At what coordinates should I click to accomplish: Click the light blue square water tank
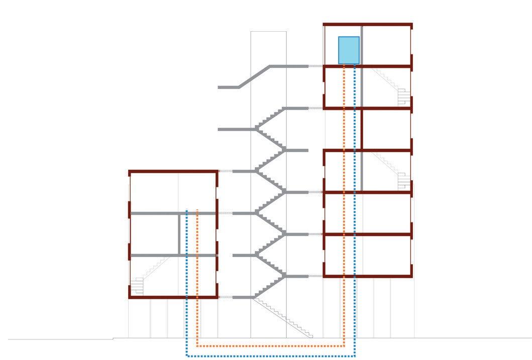tap(349, 50)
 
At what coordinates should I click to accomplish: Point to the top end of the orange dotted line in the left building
tap(197, 210)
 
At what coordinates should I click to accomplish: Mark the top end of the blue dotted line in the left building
tap(186, 210)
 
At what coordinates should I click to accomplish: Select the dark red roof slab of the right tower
tap(367, 24)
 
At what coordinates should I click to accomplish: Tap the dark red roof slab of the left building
tap(173, 172)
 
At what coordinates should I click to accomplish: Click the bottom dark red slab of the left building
tap(173, 297)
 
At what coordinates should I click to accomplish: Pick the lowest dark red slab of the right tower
tap(367, 276)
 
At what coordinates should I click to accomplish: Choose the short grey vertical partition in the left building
tap(179, 234)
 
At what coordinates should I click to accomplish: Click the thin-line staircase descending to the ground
tap(284, 318)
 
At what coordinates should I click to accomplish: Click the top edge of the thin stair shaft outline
tap(268, 32)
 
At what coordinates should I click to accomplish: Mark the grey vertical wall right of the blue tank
tap(362, 45)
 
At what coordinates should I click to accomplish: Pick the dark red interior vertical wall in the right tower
tap(362, 129)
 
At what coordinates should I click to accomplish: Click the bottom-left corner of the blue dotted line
tap(186, 356)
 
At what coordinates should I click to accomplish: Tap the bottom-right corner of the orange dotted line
tap(344, 346)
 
